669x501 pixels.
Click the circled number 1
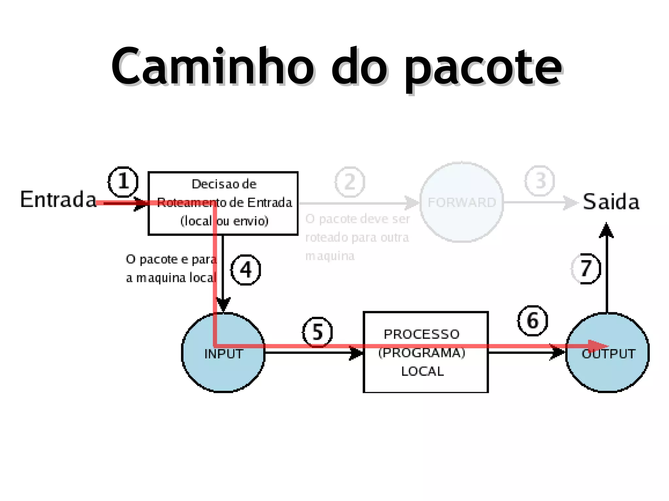click(x=123, y=182)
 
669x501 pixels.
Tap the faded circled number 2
click(x=350, y=182)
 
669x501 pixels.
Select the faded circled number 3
click(x=540, y=181)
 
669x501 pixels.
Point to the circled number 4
click(x=246, y=270)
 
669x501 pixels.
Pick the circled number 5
click(x=317, y=332)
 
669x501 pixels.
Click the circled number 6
click(x=532, y=321)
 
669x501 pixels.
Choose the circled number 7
click(x=586, y=269)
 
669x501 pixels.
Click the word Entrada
click(x=58, y=199)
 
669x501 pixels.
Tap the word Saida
click(x=611, y=202)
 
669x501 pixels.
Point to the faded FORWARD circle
click(x=462, y=202)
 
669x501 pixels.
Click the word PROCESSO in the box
click(x=421, y=334)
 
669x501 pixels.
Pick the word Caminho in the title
click(x=213, y=67)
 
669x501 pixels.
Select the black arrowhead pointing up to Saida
click(x=606, y=230)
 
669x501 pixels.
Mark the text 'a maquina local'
click(x=171, y=278)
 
